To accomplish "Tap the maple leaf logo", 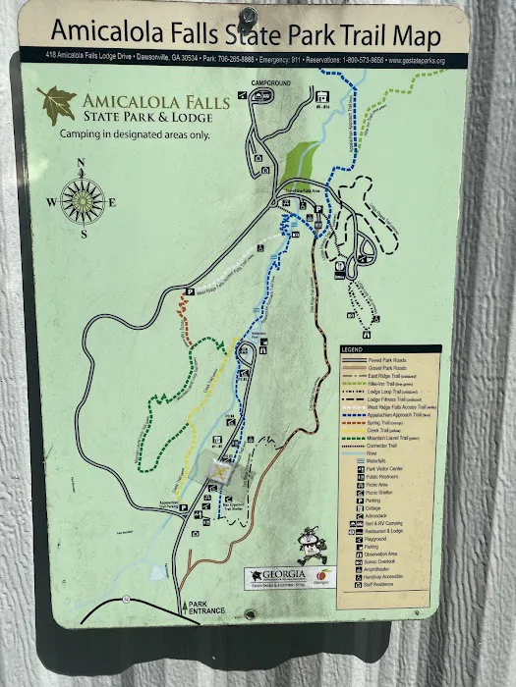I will click(55, 104).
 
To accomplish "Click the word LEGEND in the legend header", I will click(353, 350).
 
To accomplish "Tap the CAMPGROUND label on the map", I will click(271, 84).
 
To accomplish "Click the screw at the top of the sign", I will click(249, 16).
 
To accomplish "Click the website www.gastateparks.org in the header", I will click(417, 61).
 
